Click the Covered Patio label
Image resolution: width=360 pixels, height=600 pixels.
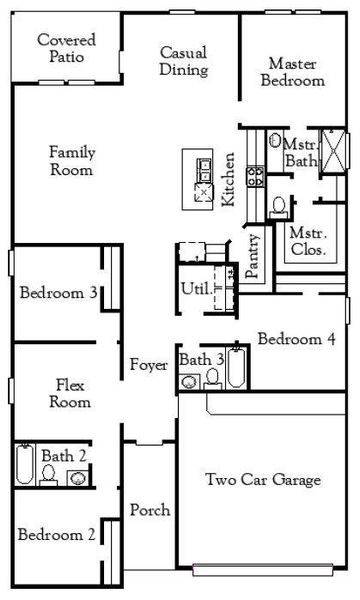click(x=66, y=48)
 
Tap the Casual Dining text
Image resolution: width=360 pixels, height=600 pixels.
click(x=183, y=61)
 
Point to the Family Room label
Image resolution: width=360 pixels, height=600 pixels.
click(x=71, y=161)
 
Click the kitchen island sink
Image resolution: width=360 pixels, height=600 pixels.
click(x=203, y=166)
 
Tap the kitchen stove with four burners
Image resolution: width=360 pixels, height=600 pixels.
click(x=254, y=178)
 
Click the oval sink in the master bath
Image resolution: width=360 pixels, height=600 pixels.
click(x=275, y=141)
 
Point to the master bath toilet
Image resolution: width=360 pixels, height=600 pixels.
click(x=280, y=207)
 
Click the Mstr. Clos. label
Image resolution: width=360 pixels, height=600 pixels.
click(x=307, y=241)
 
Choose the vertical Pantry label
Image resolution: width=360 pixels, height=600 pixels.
click(x=255, y=255)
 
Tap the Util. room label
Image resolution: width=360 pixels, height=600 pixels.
click(x=194, y=290)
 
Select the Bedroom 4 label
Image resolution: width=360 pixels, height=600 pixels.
click(x=296, y=339)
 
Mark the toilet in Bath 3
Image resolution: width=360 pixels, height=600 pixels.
click(x=212, y=378)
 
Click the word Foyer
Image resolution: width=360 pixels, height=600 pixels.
click(x=148, y=365)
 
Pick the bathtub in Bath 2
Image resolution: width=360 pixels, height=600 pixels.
click(x=25, y=465)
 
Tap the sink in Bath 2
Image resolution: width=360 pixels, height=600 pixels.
click(x=76, y=477)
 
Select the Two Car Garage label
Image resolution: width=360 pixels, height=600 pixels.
click(x=263, y=480)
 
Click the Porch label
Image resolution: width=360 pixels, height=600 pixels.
click(x=150, y=510)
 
